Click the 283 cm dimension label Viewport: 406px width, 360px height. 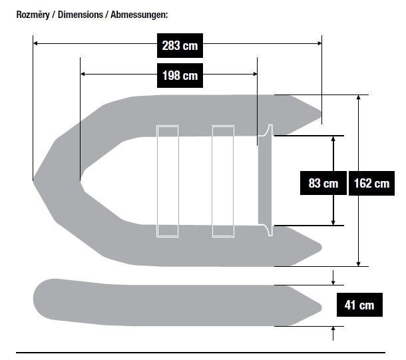180,45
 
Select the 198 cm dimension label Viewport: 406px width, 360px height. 180,76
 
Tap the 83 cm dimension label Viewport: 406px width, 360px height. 323,183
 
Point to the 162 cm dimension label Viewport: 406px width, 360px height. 371,183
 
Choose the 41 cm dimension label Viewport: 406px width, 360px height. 359,305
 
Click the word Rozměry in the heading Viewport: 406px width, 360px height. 33,15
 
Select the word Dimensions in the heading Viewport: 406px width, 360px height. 81,15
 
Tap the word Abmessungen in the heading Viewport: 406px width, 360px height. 139,15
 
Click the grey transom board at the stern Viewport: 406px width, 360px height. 265,180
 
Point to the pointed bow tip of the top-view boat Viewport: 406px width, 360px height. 34,181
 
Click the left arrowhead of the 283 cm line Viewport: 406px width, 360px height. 36,43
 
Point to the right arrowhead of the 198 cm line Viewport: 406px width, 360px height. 255,74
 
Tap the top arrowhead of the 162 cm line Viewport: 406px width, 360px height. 358,97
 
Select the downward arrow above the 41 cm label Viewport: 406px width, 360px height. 333,277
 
